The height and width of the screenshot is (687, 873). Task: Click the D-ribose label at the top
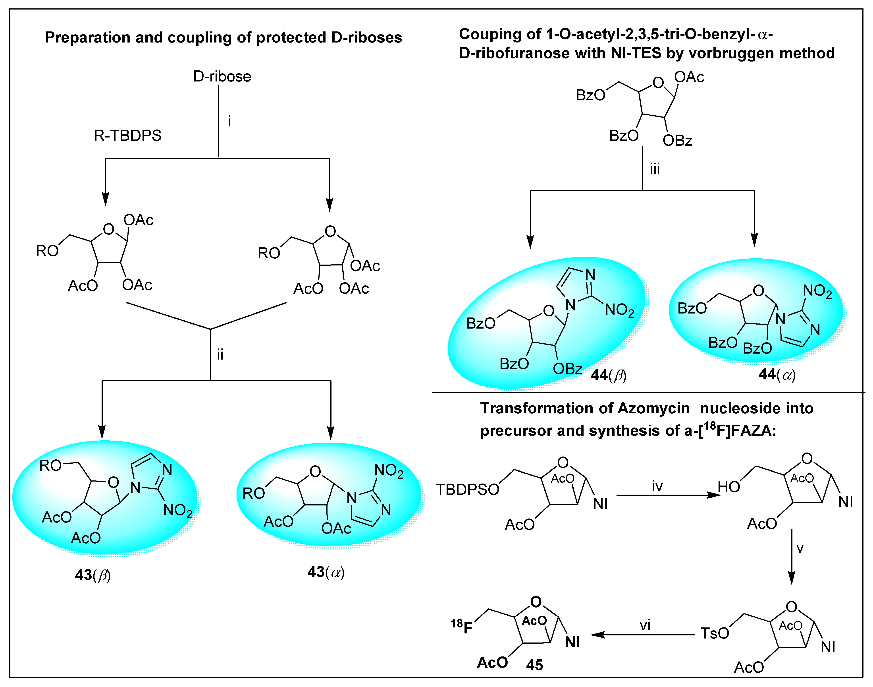point(222,76)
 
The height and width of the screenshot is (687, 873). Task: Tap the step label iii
point(655,169)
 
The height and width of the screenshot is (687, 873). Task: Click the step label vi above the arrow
point(645,625)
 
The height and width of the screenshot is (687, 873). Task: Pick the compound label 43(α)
point(326,572)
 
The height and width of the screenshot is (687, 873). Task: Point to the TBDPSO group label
point(467,490)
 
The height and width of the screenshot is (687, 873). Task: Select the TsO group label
point(715,633)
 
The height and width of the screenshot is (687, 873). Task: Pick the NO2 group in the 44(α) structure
point(817,291)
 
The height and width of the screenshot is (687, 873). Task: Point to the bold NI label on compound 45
point(572,642)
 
